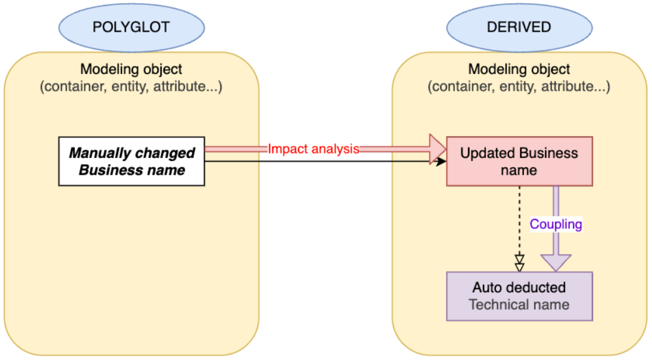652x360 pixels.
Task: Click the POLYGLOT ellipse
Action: coord(131,27)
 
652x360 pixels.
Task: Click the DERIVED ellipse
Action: coord(519,27)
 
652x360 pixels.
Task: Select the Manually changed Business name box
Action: coord(131,161)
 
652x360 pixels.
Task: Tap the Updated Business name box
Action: coord(519,161)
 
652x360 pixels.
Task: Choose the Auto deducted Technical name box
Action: coord(519,296)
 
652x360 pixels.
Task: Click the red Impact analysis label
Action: coord(314,149)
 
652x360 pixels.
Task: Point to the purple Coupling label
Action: coord(556,224)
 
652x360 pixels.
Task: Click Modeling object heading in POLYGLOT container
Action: coord(131,70)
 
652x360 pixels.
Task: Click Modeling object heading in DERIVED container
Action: coord(519,70)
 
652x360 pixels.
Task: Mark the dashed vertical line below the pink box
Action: coord(520,218)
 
